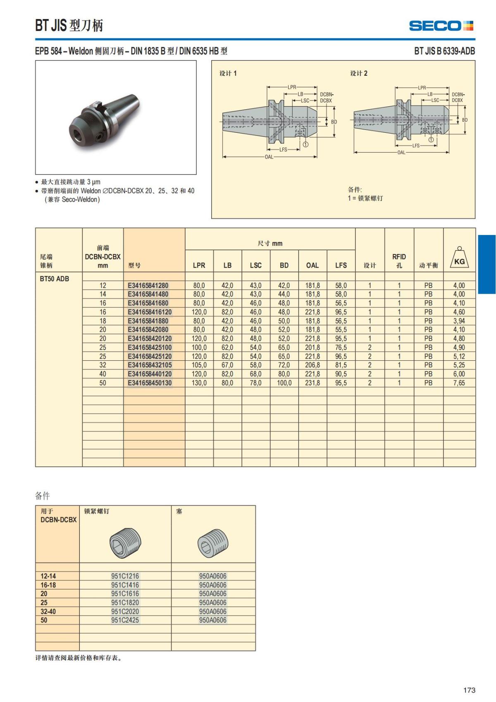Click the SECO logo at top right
click(x=441, y=26)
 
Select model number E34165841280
click(x=148, y=285)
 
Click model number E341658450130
click(x=150, y=383)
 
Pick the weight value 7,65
click(x=459, y=383)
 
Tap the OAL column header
click(x=312, y=265)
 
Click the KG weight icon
click(x=459, y=259)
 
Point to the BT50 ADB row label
click(x=55, y=279)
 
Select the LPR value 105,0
click(x=199, y=365)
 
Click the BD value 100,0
click(x=284, y=383)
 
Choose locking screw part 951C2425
click(x=125, y=620)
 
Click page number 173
click(x=469, y=690)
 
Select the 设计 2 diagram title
click(x=359, y=73)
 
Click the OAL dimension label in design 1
click(x=269, y=157)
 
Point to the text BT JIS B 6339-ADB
click(x=444, y=51)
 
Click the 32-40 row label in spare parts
click(x=48, y=611)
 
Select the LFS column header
click(x=341, y=265)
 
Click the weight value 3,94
click(x=459, y=321)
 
